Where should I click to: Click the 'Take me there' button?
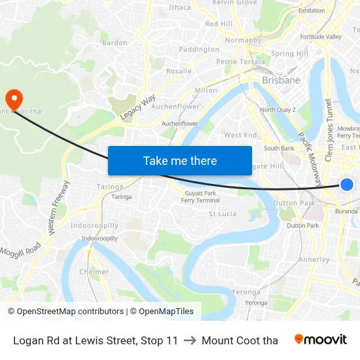point(179,160)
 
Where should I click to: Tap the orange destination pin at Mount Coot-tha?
point(14,98)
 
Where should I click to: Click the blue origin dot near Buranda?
point(347,185)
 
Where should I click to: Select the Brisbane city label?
point(281,80)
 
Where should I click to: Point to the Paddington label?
point(199,49)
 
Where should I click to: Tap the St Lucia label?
point(222,213)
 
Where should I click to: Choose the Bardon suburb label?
point(115,43)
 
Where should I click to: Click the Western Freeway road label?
point(57,207)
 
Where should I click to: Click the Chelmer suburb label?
point(94,272)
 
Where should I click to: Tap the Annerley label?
point(314,259)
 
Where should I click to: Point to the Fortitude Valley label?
point(321,37)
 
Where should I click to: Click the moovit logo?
point(321,340)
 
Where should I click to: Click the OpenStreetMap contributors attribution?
point(66,312)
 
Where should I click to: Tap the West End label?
point(240,135)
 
